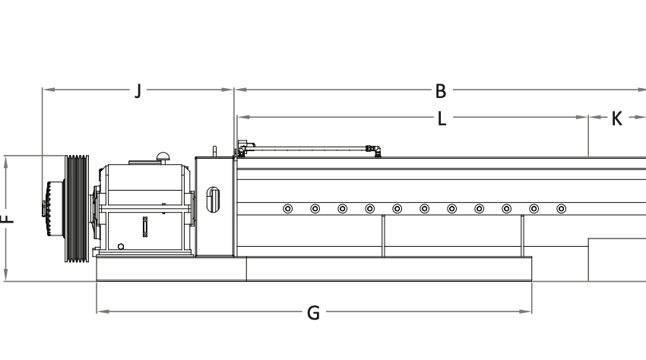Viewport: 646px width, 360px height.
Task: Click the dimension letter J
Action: point(138,91)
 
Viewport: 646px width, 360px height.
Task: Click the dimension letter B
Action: point(441,91)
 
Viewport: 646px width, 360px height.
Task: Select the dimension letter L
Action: point(442,118)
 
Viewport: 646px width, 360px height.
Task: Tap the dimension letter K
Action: point(616,118)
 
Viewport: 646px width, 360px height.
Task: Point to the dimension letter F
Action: point(6,219)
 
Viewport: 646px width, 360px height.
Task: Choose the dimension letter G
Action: point(313,312)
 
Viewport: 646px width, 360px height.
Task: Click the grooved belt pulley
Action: point(77,208)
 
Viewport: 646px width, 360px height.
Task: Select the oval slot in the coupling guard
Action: point(214,199)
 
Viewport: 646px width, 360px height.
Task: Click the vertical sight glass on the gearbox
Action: point(144,227)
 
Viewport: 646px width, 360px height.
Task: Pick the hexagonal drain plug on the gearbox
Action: point(121,246)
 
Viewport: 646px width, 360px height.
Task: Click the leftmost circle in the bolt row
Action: point(287,208)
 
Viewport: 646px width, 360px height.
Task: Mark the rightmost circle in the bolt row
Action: point(561,208)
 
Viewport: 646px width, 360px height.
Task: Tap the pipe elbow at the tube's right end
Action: point(373,150)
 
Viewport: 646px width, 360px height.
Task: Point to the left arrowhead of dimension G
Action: point(100,311)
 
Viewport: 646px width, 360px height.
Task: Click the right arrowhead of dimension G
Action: point(529,311)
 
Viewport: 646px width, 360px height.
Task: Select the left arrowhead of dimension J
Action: point(45,90)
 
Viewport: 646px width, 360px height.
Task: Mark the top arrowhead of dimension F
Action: point(6,159)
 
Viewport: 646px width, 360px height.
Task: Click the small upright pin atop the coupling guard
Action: point(214,151)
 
